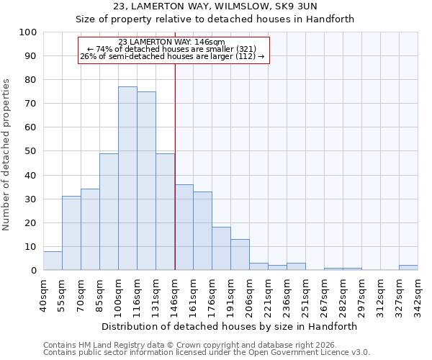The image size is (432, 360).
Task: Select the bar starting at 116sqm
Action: [x=146, y=181]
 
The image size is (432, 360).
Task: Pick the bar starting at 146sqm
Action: [x=184, y=228]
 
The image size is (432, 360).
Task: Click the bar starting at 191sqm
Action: [x=240, y=255]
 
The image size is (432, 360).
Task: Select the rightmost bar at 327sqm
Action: [x=408, y=268]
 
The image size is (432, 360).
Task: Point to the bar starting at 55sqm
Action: [x=71, y=233]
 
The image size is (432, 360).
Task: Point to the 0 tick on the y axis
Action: [x=33, y=271]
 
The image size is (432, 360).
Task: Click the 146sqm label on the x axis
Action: [x=175, y=294]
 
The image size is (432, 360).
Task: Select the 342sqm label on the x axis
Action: [x=418, y=294]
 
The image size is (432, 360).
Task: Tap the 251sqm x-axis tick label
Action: [x=306, y=294]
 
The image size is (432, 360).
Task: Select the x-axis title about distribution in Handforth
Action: [x=230, y=326]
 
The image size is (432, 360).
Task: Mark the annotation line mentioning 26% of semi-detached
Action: [x=172, y=56]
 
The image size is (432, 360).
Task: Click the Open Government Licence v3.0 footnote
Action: [x=207, y=353]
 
